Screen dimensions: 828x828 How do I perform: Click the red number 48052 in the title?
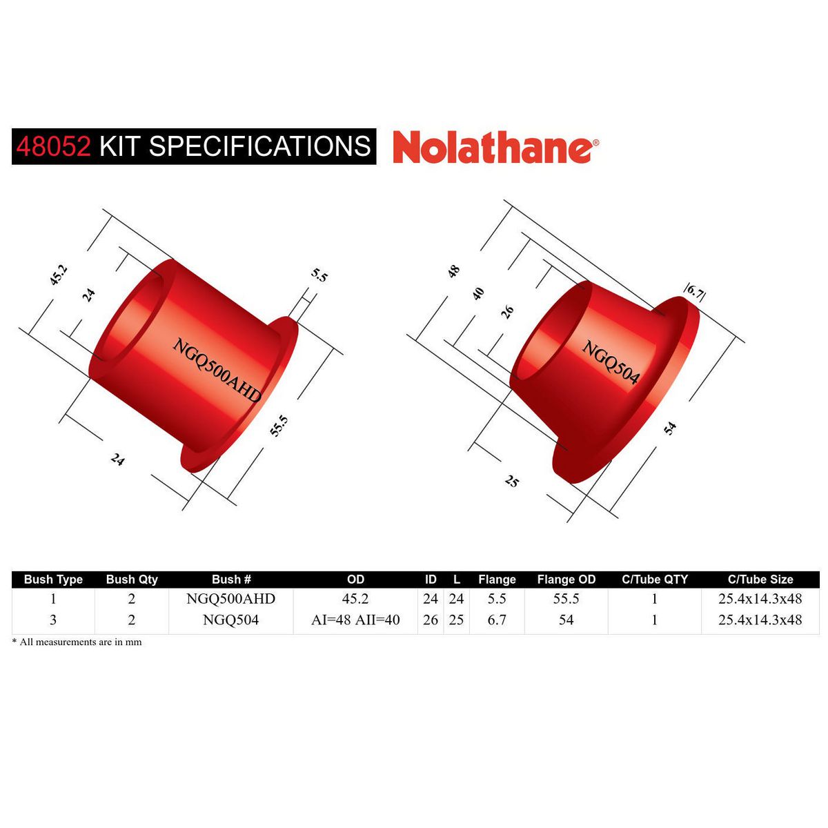click(x=53, y=146)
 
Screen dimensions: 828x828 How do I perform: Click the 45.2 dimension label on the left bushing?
click(x=59, y=275)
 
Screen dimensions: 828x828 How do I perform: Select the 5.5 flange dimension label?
click(x=319, y=275)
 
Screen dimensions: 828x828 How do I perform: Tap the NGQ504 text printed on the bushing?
click(x=611, y=362)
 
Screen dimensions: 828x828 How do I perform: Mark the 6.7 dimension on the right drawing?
click(x=694, y=293)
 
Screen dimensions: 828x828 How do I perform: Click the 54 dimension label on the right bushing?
click(x=669, y=428)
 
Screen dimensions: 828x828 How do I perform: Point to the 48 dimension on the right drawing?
click(x=453, y=271)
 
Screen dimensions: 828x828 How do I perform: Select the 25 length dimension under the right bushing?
click(x=511, y=482)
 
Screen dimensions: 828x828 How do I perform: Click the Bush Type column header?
click(x=53, y=580)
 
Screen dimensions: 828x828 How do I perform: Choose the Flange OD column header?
click(x=566, y=580)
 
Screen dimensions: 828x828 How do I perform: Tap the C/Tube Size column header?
click(x=760, y=580)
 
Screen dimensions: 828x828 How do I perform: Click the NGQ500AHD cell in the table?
click(x=230, y=599)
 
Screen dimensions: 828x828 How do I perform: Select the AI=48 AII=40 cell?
click(x=355, y=620)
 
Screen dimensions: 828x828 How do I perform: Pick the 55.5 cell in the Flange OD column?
click(x=566, y=599)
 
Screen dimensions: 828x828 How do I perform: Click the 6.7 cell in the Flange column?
click(x=497, y=620)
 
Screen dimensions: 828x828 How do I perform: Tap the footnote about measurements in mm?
click(x=77, y=642)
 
